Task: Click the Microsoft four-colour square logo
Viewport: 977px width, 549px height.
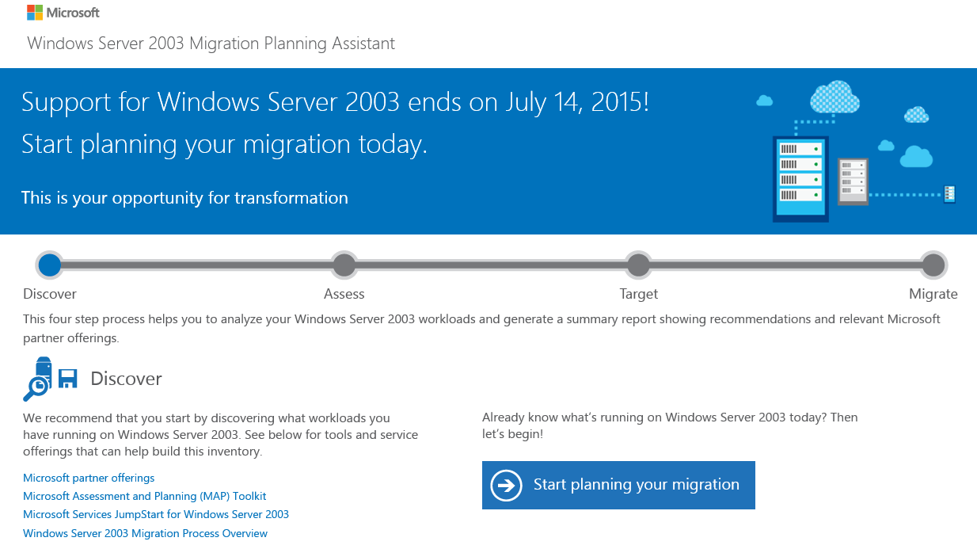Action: (x=35, y=13)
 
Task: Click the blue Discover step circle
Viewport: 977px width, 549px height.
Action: (x=50, y=265)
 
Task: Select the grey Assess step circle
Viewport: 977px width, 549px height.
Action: (x=344, y=265)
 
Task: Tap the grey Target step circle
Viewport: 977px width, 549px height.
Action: (x=639, y=265)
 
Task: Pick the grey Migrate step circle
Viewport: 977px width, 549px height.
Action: (x=933, y=265)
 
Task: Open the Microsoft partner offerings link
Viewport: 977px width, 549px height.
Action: (x=89, y=478)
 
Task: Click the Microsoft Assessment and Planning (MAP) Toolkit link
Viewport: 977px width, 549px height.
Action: (x=144, y=496)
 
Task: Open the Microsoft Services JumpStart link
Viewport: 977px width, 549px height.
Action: (x=156, y=514)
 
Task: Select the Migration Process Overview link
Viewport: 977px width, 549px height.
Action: (x=145, y=533)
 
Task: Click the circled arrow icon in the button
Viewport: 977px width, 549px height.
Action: (x=506, y=486)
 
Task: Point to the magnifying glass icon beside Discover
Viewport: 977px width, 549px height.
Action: (x=36, y=389)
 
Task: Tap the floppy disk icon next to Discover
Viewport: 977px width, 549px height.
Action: (x=67, y=379)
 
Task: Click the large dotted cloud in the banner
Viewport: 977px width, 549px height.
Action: (x=834, y=97)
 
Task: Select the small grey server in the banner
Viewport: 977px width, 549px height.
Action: (x=853, y=181)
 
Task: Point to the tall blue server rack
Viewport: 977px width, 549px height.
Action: (x=800, y=179)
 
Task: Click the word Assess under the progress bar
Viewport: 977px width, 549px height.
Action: (x=344, y=294)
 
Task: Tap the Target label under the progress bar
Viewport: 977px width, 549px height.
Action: (x=639, y=294)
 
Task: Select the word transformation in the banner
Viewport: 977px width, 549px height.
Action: (x=291, y=198)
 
